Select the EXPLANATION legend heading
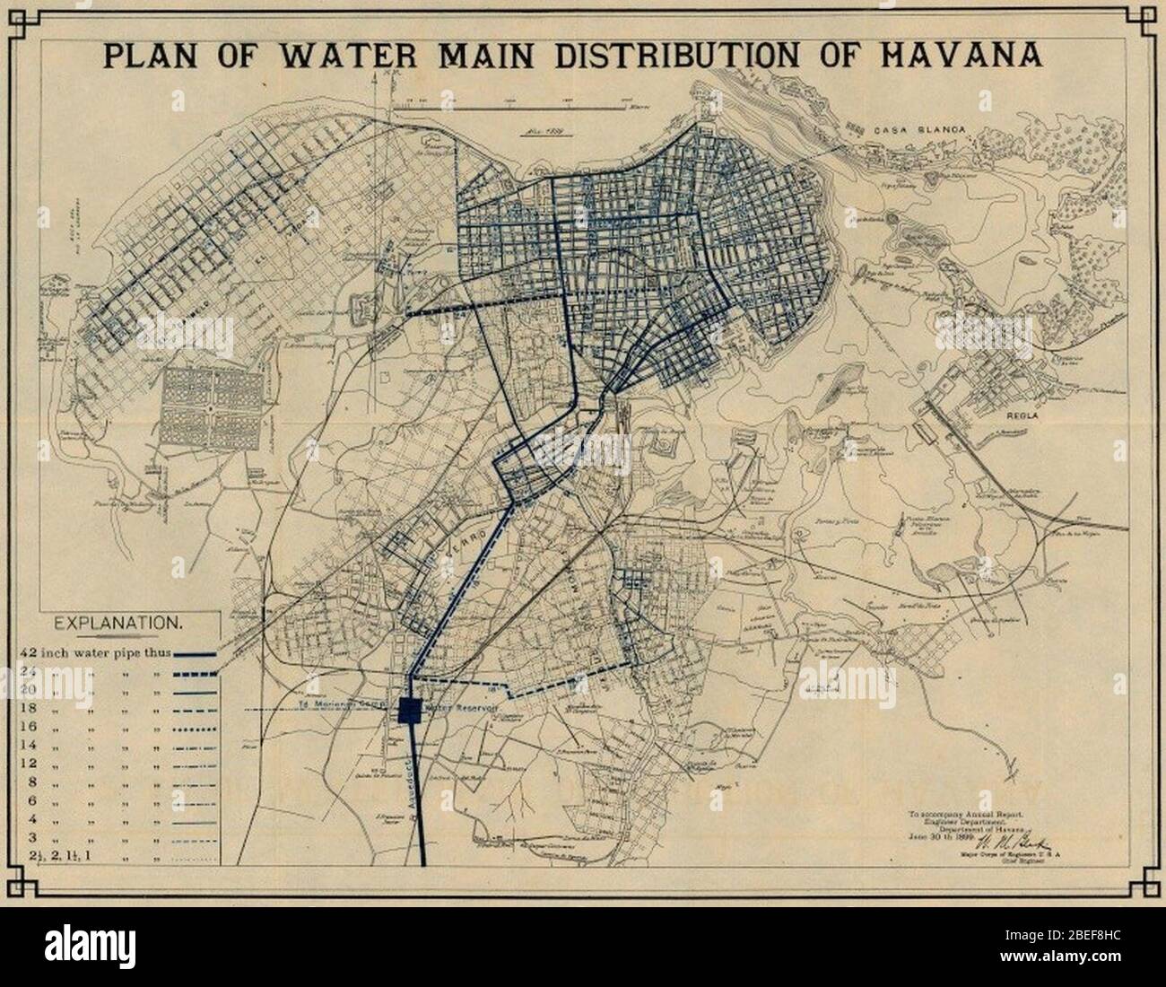click(x=118, y=621)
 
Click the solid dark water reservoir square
click(x=409, y=709)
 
